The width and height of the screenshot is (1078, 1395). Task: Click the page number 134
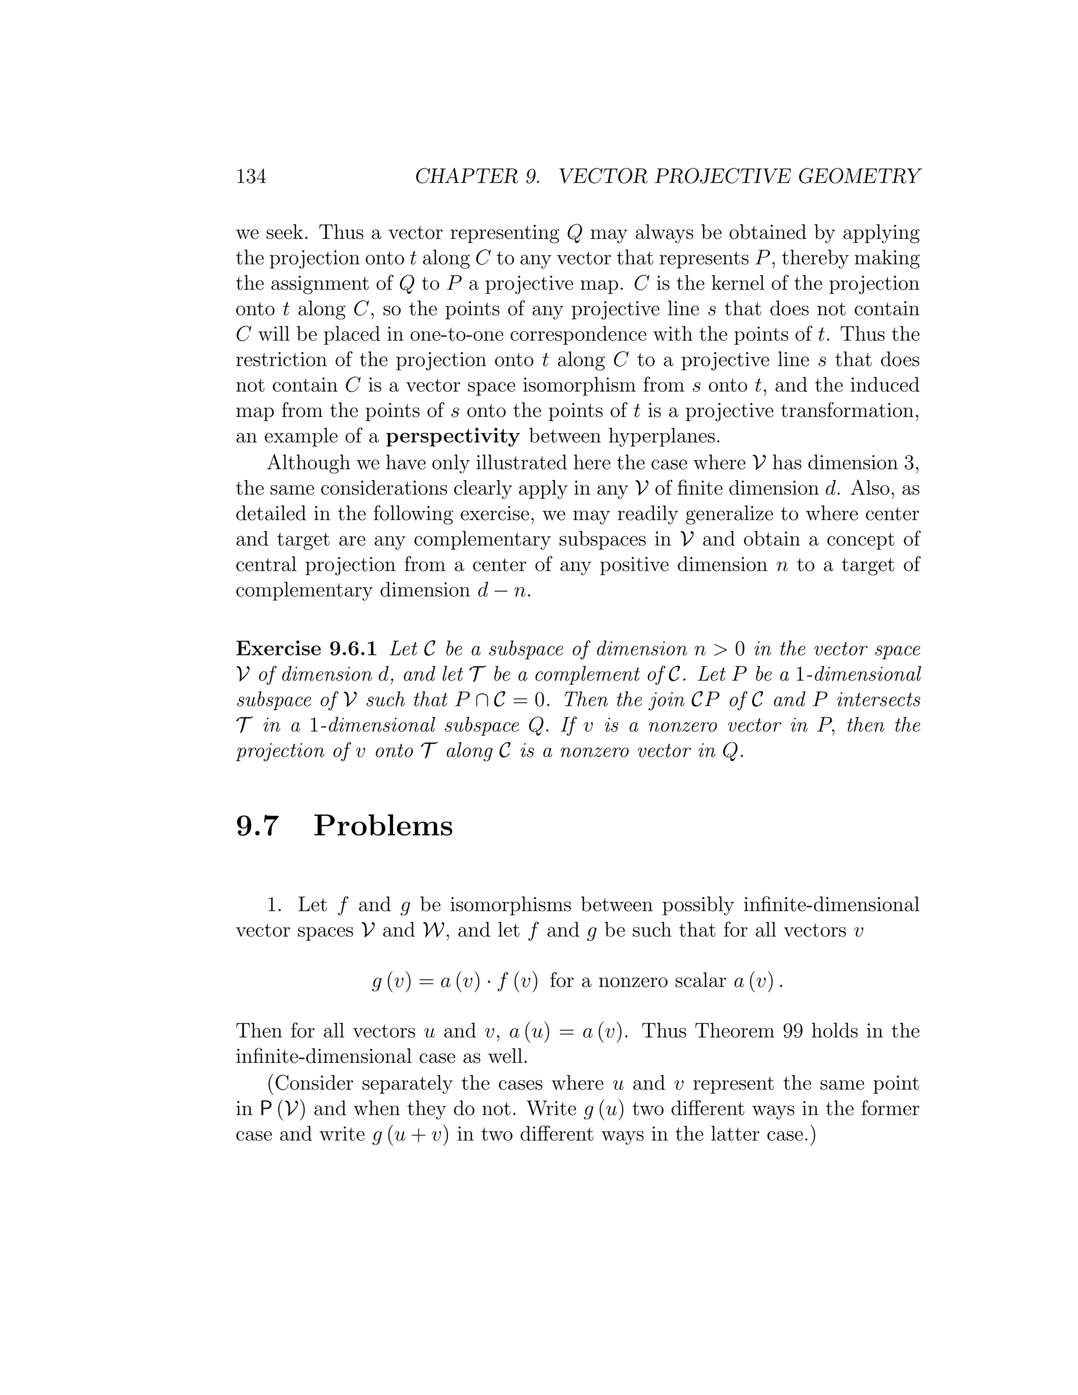tap(251, 176)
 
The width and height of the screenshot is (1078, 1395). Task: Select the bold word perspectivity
tap(453, 436)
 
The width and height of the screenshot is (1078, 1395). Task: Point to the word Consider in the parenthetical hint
tap(313, 1083)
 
